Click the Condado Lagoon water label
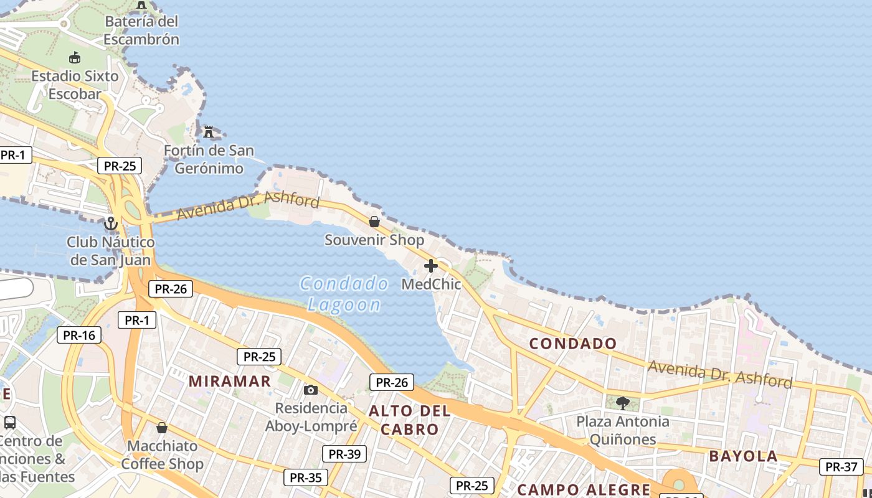coord(344,294)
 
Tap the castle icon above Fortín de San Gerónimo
coord(209,132)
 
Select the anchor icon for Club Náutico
coord(111,223)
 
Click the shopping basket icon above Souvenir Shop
coord(374,222)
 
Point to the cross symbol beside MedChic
coord(430,266)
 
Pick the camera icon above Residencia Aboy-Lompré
coord(310,390)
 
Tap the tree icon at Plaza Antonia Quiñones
coord(622,403)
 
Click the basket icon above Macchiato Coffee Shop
coord(162,428)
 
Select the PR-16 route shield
coord(79,335)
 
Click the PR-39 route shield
coord(344,454)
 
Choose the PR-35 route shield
coord(306,477)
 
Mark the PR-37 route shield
coord(841,466)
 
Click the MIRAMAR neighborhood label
coord(230,381)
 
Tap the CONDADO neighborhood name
coord(573,343)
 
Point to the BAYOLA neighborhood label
coord(743,456)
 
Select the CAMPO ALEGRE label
coord(584,489)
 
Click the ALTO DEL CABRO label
coord(409,420)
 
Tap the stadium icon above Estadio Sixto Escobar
coord(75,58)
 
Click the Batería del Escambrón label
coord(141,31)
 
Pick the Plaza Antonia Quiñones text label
coord(623,430)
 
